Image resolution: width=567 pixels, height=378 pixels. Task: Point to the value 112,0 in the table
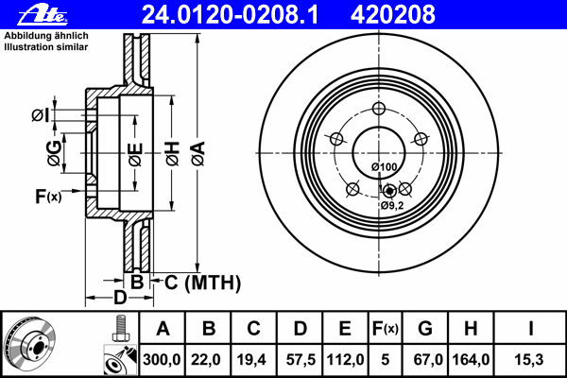(346, 360)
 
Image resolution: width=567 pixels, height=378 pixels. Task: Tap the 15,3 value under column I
(530, 360)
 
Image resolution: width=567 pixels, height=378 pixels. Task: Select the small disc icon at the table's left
(32, 344)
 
